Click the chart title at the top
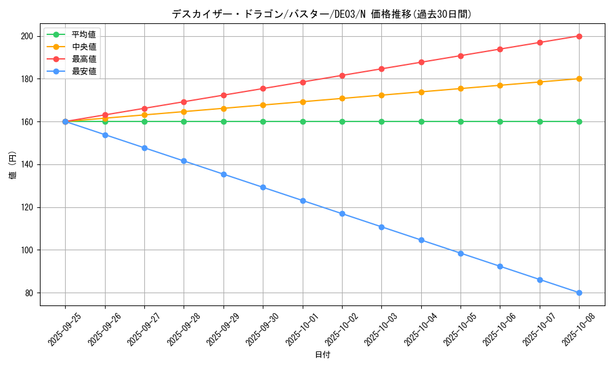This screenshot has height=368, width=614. click(x=322, y=14)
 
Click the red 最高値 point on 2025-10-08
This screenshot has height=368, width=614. click(x=579, y=36)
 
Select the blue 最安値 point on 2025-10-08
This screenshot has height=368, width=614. click(x=579, y=293)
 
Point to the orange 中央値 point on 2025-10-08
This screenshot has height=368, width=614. click(x=579, y=79)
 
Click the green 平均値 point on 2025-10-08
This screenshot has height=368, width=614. click(x=579, y=121)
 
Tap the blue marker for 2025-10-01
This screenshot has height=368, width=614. click(x=303, y=201)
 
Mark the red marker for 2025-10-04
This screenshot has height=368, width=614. click(x=421, y=62)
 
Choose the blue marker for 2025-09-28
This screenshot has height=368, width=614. click(x=184, y=161)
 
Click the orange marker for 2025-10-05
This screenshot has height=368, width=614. click(x=460, y=88)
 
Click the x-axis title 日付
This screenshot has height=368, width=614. click(x=322, y=355)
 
